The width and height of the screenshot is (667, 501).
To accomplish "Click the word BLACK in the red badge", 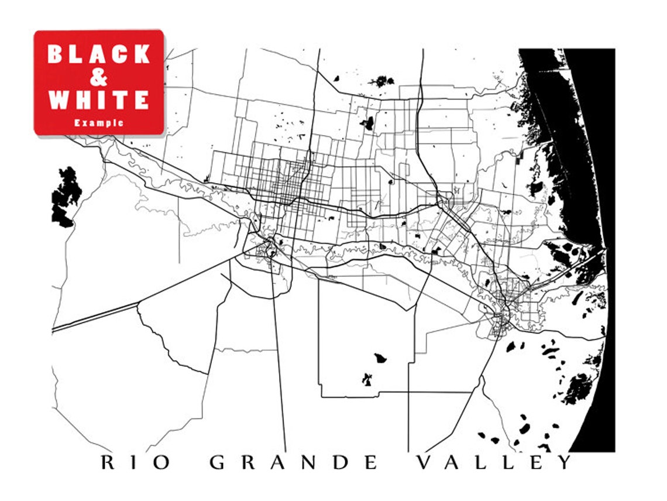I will (99, 54).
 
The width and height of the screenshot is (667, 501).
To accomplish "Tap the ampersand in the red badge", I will (99, 77).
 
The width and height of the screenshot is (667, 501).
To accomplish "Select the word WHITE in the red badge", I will (99, 100).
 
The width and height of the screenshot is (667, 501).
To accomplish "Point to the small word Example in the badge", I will (99, 123).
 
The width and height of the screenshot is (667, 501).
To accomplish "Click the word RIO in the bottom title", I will (136, 463).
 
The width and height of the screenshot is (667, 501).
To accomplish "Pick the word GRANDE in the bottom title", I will (294, 463).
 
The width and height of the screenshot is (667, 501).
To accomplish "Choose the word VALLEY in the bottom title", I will (494, 463).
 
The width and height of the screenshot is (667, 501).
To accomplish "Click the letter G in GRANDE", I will (218, 463).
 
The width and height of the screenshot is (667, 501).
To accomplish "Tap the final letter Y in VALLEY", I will (565, 463).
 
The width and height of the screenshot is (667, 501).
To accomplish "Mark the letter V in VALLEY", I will (424, 463).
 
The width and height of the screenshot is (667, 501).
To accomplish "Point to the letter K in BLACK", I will (141, 54).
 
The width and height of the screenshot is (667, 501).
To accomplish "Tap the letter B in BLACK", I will (56, 54).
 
